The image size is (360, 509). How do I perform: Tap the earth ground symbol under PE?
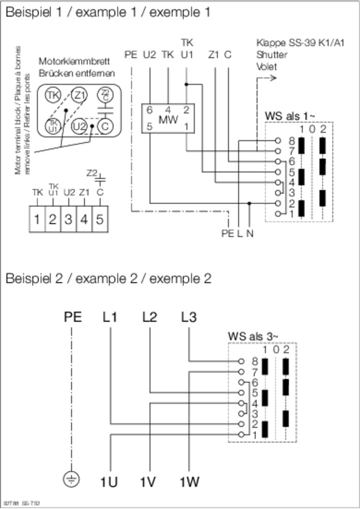[x=72, y=479]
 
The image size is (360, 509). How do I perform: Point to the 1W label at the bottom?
[x=189, y=481]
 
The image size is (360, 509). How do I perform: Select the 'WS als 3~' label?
[x=253, y=336]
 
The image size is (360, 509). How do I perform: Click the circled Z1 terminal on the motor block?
[x=78, y=95]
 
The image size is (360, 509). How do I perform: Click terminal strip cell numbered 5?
[x=100, y=220]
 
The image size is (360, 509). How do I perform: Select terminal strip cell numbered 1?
[x=37, y=220]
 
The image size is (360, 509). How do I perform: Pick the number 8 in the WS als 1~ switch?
[x=292, y=140]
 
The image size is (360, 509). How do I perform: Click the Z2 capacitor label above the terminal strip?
[x=92, y=173]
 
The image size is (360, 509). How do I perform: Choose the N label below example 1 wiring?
[x=250, y=234]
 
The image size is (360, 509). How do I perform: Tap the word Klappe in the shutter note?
[x=269, y=43]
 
